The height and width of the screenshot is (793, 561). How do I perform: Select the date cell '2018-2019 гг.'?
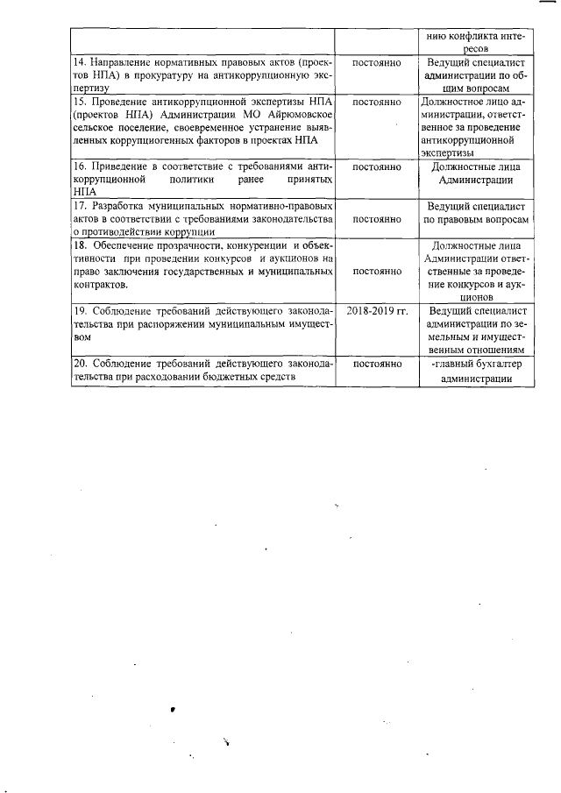(377, 311)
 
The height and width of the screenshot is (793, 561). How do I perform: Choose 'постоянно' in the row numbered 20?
(377, 364)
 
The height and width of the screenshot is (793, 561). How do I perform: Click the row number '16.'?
(80, 166)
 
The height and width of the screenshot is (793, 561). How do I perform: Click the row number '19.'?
(80, 311)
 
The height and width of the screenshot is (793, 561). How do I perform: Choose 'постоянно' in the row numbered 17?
(377, 219)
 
